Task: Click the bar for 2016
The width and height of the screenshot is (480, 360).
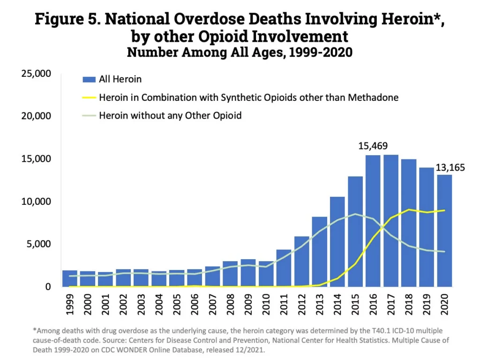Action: tap(373, 220)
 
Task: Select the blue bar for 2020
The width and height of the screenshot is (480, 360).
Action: tap(444, 230)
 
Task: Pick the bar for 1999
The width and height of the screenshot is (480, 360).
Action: tap(70, 278)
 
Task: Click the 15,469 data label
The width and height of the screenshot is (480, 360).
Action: tap(373, 146)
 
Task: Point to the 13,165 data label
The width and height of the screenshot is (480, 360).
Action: tap(451, 168)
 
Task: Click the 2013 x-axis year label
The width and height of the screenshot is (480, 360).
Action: tap(320, 305)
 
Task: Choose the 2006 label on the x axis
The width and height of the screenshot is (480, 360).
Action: tap(195, 305)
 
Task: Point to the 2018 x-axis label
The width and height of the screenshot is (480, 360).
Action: tap(409, 305)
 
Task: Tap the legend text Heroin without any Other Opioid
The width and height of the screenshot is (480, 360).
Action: tap(170, 115)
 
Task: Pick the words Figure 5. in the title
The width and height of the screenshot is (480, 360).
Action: tap(67, 19)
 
